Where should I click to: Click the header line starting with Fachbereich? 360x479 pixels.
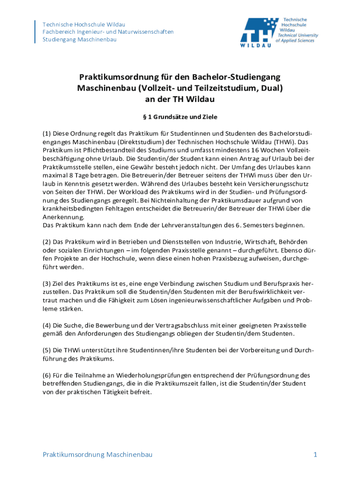tap(108, 32)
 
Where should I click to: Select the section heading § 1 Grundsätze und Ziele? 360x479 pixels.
tap(180, 116)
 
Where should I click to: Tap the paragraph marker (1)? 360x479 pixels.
tap(47, 133)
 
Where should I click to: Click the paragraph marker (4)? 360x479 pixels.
tap(47, 325)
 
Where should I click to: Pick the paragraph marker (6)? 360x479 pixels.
tap(47, 375)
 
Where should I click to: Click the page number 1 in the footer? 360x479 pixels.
tap(316, 455)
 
